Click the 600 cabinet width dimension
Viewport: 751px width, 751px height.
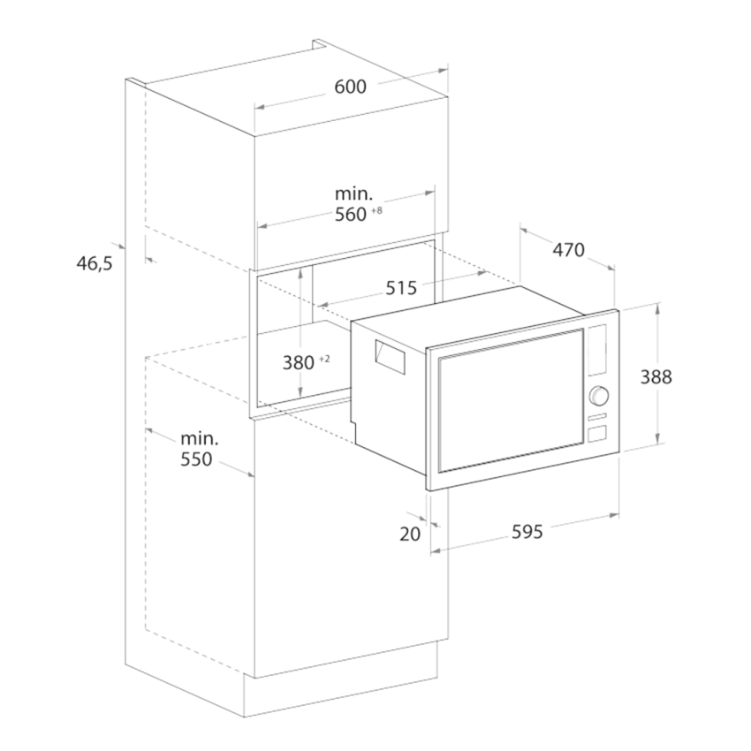(350, 87)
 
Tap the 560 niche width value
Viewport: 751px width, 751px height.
(350, 215)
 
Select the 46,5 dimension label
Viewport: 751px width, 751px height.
(95, 263)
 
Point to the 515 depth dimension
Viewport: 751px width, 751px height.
(401, 288)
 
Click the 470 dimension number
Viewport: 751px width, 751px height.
(568, 249)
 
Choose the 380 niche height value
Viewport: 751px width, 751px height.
(299, 363)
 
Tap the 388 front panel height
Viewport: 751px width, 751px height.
(656, 377)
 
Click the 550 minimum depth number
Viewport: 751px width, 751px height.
(196, 459)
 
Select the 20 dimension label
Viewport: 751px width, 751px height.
(410, 534)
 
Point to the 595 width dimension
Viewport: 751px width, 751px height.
(527, 532)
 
